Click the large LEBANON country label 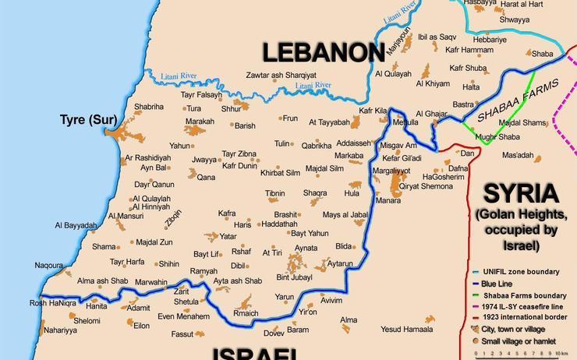pyautogui.click(x=323, y=52)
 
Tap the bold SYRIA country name pyautogui.click(x=521, y=193)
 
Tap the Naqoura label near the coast pyautogui.click(x=48, y=265)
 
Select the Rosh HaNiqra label pyautogui.click(x=53, y=303)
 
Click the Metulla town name pyautogui.click(x=405, y=122)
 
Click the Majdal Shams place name pyautogui.click(x=522, y=122)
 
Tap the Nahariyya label pyautogui.click(x=61, y=330)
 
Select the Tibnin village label pyautogui.click(x=274, y=193)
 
